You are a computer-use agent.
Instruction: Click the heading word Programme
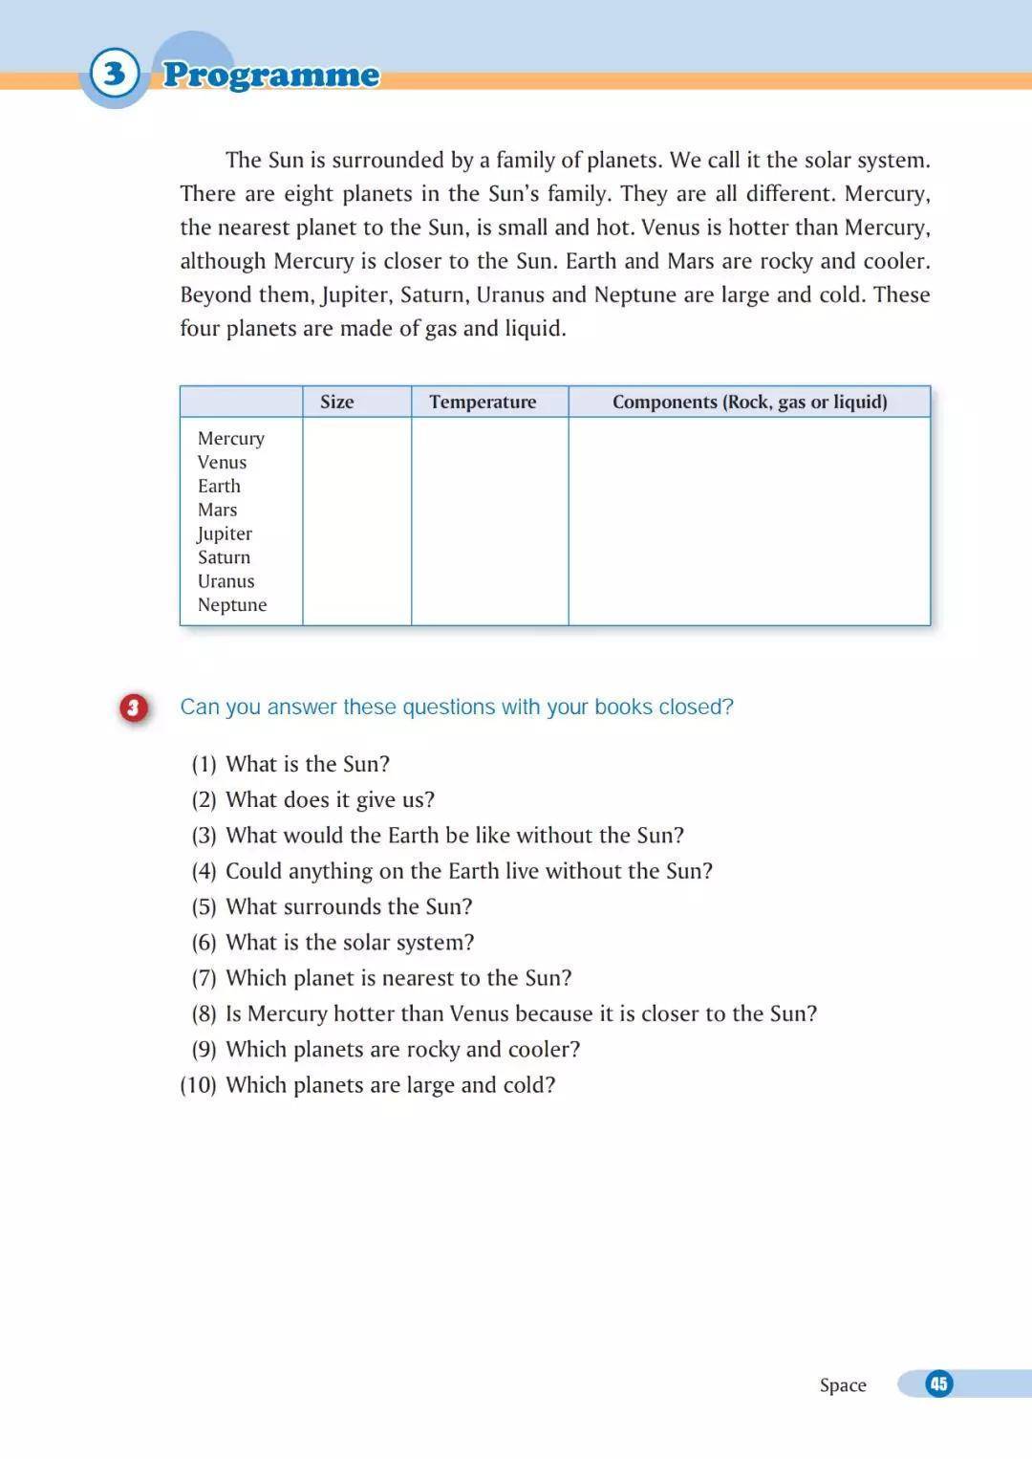(x=270, y=75)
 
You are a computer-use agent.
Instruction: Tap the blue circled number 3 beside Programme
(x=115, y=74)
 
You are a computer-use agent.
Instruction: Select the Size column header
(x=336, y=403)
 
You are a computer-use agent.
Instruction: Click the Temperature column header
(x=483, y=403)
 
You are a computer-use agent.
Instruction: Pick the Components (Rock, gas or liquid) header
(x=749, y=403)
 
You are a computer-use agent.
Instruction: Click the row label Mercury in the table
(x=231, y=439)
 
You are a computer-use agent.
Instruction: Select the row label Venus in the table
(x=222, y=463)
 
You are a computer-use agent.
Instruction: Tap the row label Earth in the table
(x=219, y=487)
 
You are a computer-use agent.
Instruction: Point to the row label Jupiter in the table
(x=225, y=534)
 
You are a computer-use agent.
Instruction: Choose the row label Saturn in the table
(x=224, y=557)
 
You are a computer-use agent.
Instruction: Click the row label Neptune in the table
(x=232, y=605)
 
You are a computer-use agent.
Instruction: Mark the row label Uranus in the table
(x=226, y=581)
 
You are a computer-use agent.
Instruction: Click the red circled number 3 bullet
(x=134, y=708)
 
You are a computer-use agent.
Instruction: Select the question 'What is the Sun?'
(x=308, y=765)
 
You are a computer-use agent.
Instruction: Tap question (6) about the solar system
(x=350, y=943)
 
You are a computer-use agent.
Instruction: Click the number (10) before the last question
(x=198, y=1085)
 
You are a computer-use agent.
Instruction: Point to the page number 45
(x=938, y=1383)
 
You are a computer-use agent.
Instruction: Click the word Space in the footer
(x=843, y=1385)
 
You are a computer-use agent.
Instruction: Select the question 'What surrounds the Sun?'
(x=349, y=907)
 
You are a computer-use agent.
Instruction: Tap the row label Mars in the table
(x=217, y=511)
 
